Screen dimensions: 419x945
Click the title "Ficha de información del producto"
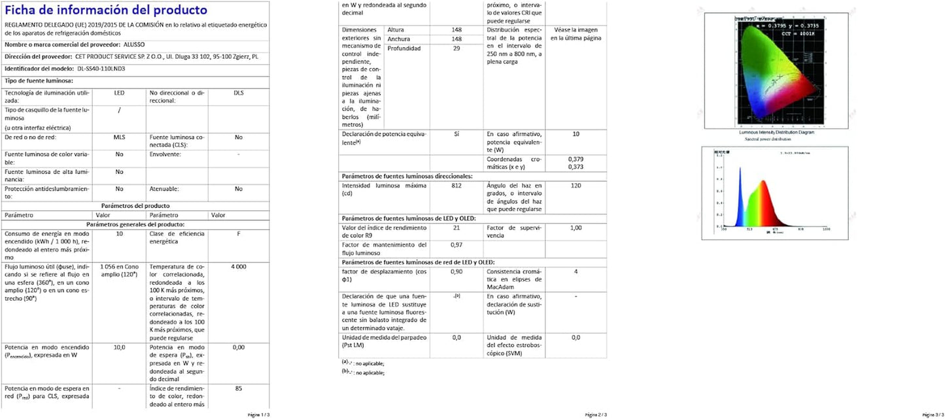pyautogui.click(x=106, y=10)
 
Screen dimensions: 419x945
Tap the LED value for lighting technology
pyautogui.click(x=119, y=93)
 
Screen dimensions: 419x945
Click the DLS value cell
pyautogui.click(x=238, y=93)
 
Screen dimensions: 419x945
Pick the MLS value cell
pyautogui.click(x=119, y=137)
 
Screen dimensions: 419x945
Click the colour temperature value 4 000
pyautogui.click(x=238, y=267)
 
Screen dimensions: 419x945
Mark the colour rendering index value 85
pyautogui.click(x=238, y=388)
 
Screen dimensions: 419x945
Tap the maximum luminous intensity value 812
pyautogui.click(x=456, y=186)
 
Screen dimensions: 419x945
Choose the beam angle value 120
pyautogui.click(x=576, y=186)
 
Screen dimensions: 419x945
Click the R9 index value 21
pyautogui.click(x=456, y=227)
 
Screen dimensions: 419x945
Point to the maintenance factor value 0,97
pyautogui.click(x=456, y=244)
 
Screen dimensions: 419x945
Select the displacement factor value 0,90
pyautogui.click(x=456, y=271)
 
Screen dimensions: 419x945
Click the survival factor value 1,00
pyautogui.click(x=576, y=227)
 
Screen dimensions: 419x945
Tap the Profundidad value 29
pyautogui.click(x=456, y=48)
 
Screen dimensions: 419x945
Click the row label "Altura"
pyautogui.click(x=396, y=30)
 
